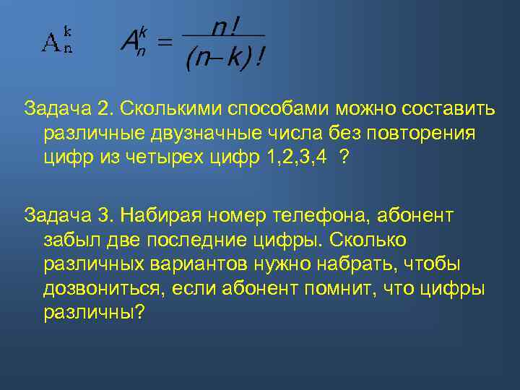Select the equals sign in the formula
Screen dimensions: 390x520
click(x=165, y=44)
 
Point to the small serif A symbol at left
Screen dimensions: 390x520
click(x=51, y=44)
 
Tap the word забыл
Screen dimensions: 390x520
click(x=70, y=239)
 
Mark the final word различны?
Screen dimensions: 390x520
click(x=95, y=313)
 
